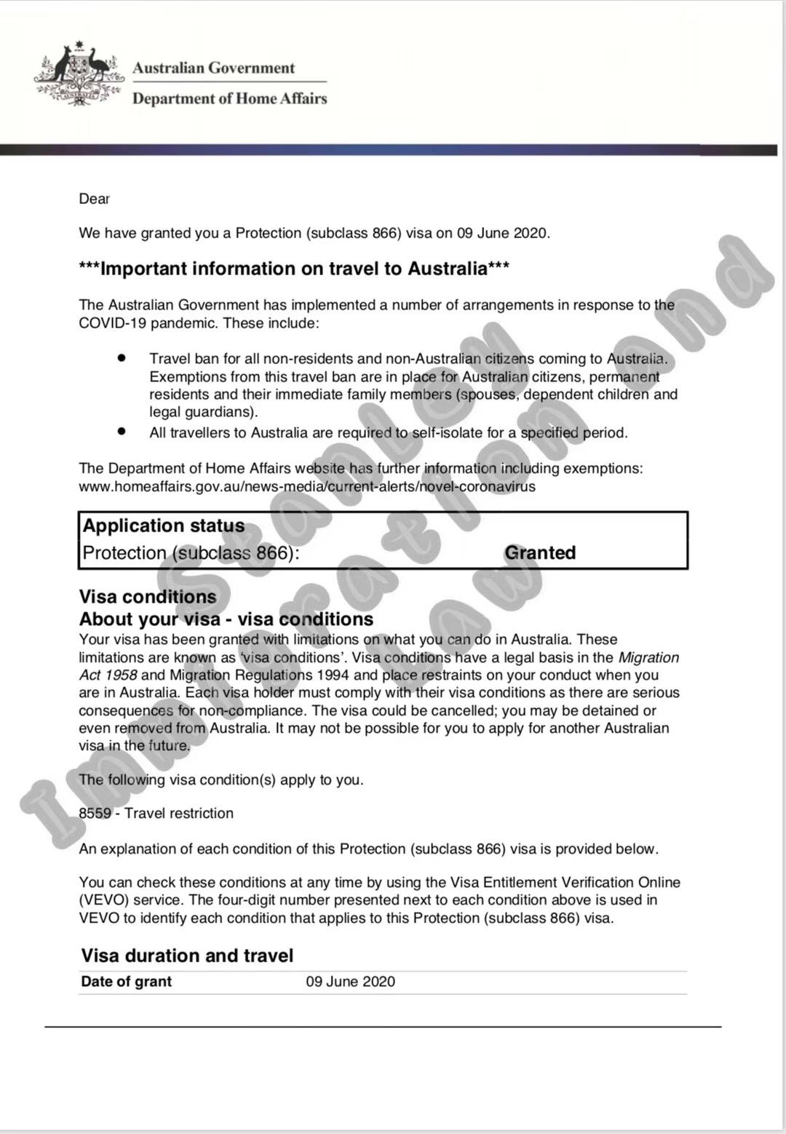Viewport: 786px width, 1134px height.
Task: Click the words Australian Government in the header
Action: (x=213, y=68)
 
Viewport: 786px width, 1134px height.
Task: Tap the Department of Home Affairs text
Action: (x=229, y=98)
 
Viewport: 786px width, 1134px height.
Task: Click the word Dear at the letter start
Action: (x=94, y=199)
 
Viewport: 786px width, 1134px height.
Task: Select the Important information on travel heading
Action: (x=294, y=269)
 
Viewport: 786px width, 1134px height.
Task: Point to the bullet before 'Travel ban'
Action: (x=122, y=358)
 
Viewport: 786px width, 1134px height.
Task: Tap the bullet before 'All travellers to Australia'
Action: (x=122, y=432)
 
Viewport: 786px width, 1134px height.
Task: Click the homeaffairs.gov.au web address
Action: (x=306, y=486)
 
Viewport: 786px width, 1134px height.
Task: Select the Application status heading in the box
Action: (x=163, y=526)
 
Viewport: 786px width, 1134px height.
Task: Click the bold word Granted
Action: (x=539, y=552)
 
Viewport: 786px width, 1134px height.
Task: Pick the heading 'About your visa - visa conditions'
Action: (x=226, y=619)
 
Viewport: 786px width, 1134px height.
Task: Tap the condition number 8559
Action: (x=95, y=813)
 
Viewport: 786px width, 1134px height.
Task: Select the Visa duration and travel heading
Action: (x=187, y=956)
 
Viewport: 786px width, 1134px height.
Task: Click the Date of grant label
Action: (x=126, y=981)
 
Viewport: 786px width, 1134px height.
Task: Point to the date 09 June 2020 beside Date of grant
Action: (x=350, y=981)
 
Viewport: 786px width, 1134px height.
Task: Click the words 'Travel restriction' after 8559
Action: (x=179, y=813)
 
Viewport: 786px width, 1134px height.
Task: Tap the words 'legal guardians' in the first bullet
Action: (x=202, y=412)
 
